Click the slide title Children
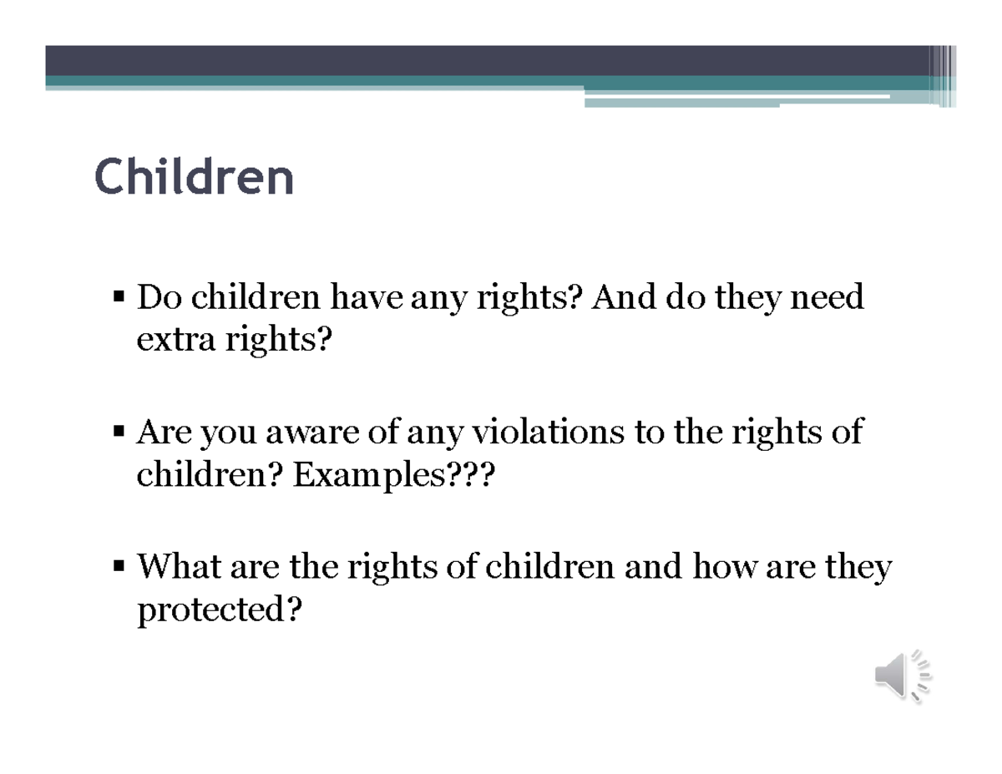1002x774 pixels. click(x=195, y=177)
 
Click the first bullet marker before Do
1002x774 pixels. click(x=119, y=296)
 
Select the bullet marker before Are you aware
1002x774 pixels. click(x=119, y=433)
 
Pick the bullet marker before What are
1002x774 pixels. click(x=119, y=568)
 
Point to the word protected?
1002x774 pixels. click(x=218, y=612)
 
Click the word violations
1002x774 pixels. click(x=548, y=433)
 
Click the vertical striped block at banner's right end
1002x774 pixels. click(x=944, y=76)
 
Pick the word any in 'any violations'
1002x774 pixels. click(x=437, y=433)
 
